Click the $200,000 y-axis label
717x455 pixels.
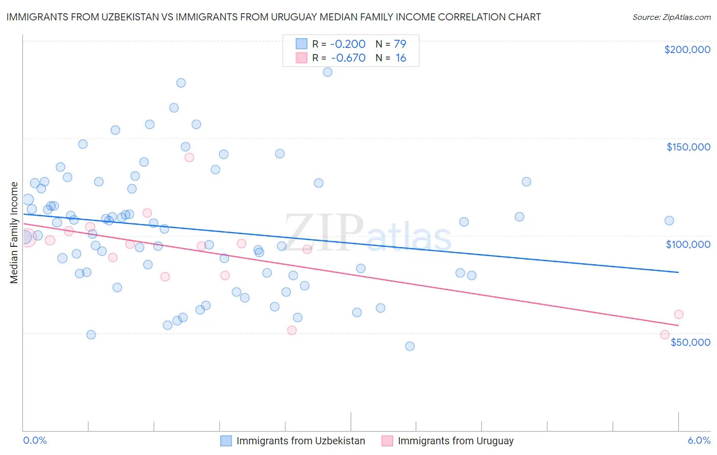[x=687, y=49]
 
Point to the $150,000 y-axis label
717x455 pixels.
[x=688, y=147]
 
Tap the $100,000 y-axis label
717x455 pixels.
[x=688, y=244]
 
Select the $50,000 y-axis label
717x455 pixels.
[x=690, y=342]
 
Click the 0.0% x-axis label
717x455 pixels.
[x=35, y=441]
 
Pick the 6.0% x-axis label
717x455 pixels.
[x=699, y=441]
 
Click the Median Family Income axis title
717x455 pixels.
[x=14, y=233]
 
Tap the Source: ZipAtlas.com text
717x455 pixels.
[x=671, y=17]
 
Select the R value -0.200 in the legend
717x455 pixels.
[x=348, y=44]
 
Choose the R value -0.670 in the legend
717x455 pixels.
[x=348, y=58]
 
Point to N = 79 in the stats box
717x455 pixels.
[x=391, y=44]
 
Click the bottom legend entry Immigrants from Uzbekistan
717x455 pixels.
[x=300, y=441]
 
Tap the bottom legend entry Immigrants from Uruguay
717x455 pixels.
[x=455, y=441]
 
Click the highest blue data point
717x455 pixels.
[x=327, y=72]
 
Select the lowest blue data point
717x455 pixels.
[x=409, y=346]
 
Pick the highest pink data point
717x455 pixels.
[x=189, y=158]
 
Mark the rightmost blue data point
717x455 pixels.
[x=669, y=221]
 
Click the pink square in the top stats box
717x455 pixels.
[x=301, y=58]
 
